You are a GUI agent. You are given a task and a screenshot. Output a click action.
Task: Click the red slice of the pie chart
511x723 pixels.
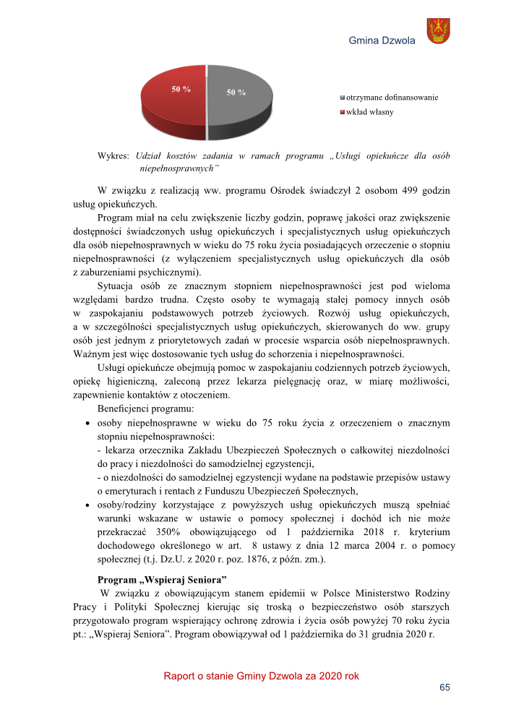173,105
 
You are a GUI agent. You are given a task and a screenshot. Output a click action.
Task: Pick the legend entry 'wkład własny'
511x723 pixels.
370,112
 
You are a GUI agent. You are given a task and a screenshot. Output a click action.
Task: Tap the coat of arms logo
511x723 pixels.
438,31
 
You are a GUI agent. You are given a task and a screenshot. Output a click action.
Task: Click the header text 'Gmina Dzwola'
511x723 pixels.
382,40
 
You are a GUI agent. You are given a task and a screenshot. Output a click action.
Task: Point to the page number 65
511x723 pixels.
445,687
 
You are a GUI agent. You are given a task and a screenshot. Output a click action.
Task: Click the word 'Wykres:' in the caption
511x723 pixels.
113,156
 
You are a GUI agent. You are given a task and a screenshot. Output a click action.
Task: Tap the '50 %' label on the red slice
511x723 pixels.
180,89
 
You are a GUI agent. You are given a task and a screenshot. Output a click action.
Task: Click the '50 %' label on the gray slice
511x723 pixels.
236,93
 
